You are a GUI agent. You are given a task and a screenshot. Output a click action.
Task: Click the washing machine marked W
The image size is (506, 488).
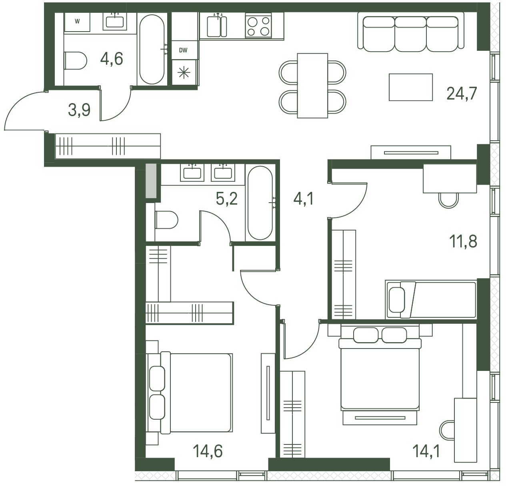(x=77, y=22)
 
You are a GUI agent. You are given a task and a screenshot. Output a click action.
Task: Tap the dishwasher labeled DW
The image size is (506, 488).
(x=183, y=50)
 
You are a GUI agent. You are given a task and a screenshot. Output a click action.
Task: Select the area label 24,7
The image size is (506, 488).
(x=462, y=94)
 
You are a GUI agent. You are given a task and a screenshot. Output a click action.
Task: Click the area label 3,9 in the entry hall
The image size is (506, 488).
(x=79, y=110)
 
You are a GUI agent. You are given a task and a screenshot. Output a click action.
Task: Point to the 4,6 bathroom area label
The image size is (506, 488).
(x=112, y=59)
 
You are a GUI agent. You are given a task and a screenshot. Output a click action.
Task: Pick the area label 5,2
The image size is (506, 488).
(x=227, y=199)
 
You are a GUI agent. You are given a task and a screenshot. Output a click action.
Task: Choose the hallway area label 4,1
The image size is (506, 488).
(x=304, y=199)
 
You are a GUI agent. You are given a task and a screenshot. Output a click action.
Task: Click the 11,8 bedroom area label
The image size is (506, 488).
(x=463, y=241)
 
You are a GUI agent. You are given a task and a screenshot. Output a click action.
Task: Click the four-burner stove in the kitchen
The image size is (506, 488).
(x=258, y=26)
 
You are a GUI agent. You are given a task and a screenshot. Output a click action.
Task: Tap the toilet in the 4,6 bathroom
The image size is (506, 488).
(x=75, y=60)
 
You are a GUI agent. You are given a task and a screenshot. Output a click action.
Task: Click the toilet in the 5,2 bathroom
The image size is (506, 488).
(x=166, y=219)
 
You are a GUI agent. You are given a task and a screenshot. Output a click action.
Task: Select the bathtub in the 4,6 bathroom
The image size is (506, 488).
(x=152, y=49)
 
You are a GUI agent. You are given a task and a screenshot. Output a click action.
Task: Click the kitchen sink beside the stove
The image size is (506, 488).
(x=217, y=26)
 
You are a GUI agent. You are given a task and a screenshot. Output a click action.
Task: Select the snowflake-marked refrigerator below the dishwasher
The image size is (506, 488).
(x=184, y=72)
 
